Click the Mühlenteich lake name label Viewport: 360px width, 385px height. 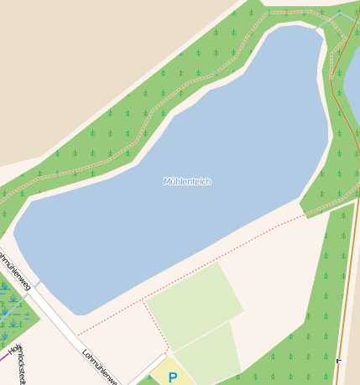click(x=187, y=181)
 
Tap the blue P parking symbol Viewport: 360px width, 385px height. click(x=172, y=377)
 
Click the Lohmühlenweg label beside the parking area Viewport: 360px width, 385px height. click(x=100, y=366)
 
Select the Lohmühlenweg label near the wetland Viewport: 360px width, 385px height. click(x=16, y=270)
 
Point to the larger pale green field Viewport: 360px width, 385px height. click(x=194, y=306)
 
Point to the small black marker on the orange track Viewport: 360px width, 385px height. click(x=338, y=360)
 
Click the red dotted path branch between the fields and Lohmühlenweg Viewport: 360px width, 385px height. click(x=155, y=323)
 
